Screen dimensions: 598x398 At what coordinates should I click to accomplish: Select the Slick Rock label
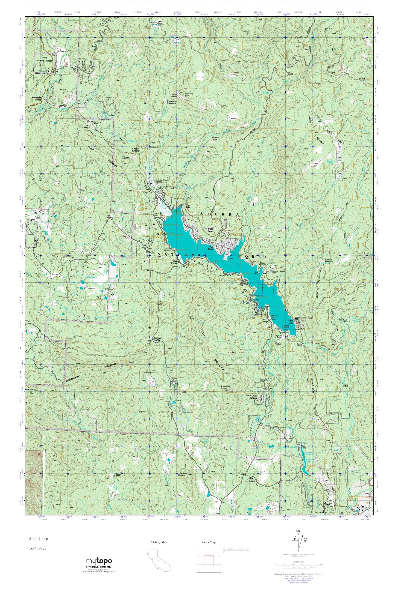(174, 96)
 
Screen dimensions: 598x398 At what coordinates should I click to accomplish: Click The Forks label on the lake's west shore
(175, 261)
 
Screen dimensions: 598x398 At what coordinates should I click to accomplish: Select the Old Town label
(251, 479)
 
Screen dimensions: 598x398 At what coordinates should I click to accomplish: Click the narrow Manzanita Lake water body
(304, 463)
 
